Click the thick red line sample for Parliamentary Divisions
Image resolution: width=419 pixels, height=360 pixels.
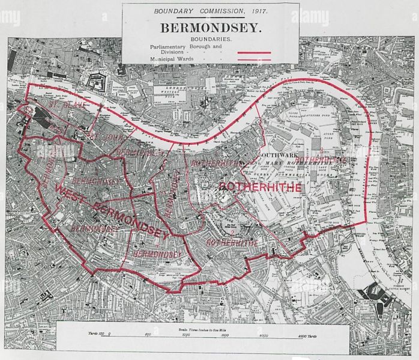(256, 52)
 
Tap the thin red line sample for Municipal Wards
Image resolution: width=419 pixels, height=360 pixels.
(256, 59)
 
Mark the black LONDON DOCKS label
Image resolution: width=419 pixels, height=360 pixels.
(178, 88)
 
